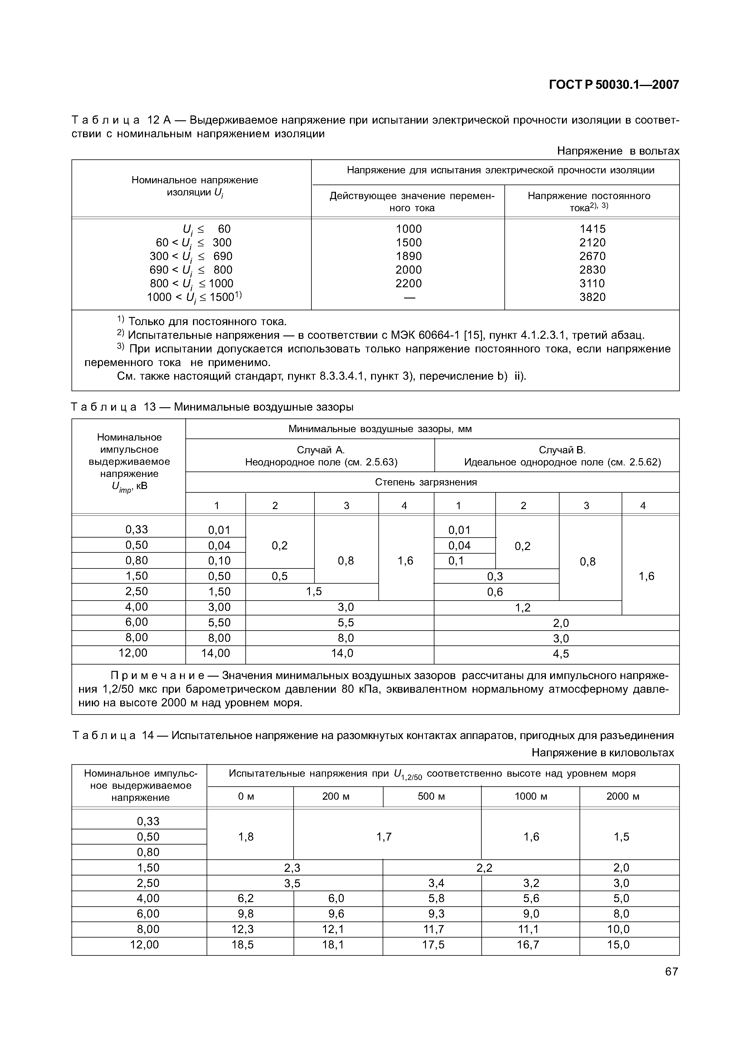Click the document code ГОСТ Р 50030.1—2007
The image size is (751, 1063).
(x=613, y=85)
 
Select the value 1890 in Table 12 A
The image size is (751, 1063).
(x=409, y=256)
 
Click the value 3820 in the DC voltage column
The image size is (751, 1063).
(x=592, y=297)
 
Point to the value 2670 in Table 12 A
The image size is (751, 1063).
(x=592, y=256)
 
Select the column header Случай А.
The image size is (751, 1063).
(x=321, y=450)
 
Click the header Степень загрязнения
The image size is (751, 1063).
(x=426, y=482)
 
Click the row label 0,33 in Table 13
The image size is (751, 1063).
(x=137, y=529)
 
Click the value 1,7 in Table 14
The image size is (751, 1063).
(x=384, y=837)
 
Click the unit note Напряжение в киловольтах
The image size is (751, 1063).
(x=603, y=753)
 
